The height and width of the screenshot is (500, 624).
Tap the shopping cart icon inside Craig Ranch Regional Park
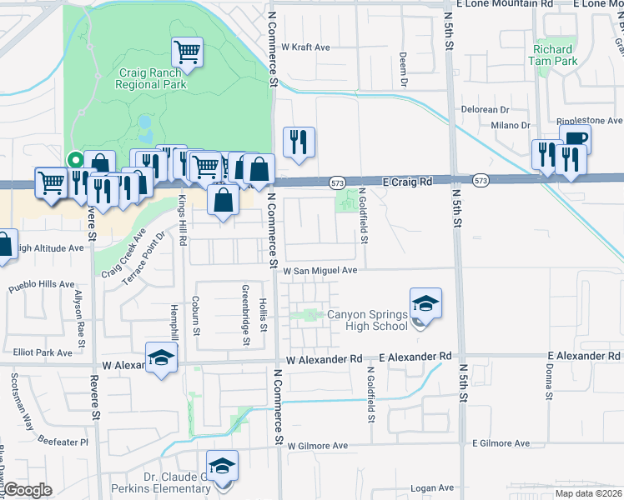[187, 52]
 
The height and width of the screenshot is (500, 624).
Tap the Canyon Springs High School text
[366, 320]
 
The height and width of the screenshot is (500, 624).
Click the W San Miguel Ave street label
[320, 271]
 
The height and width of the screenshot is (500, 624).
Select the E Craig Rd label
[408, 181]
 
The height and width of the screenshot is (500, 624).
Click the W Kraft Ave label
[306, 47]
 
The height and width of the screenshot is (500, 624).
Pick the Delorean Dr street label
[486, 109]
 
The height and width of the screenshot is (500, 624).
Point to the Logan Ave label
[435, 487]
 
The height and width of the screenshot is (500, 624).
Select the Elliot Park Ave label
[43, 352]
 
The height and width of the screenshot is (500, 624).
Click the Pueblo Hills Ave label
[43, 284]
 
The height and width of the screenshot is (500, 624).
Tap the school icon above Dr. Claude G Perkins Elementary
[223, 467]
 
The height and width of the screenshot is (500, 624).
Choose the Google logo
[28, 490]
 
